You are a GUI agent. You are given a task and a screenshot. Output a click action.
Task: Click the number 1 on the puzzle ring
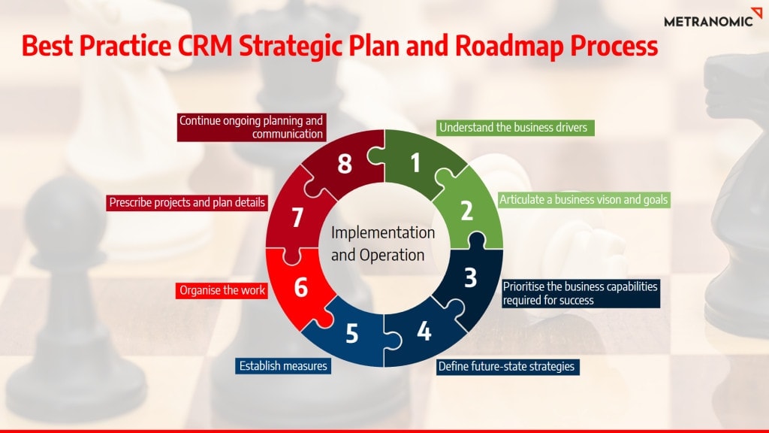(x=415, y=163)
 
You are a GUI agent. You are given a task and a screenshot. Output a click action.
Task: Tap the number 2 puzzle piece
(x=466, y=210)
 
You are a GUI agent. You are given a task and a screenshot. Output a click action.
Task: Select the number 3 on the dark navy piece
(x=470, y=278)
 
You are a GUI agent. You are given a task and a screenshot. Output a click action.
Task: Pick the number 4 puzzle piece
(x=424, y=332)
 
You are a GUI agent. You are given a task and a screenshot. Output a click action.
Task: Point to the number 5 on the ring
(x=352, y=334)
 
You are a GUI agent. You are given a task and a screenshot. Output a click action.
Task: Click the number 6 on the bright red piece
(x=300, y=288)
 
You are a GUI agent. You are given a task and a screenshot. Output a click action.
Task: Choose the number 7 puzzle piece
(x=297, y=217)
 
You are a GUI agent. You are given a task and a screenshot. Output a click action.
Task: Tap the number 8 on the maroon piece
(x=345, y=163)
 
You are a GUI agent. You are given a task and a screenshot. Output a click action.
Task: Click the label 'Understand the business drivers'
(x=515, y=128)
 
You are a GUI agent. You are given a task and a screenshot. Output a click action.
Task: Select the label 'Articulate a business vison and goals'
(x=584, y=200)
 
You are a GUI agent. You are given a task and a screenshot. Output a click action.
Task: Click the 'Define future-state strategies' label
(x=508, y=367)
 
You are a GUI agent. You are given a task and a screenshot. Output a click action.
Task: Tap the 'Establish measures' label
(x=283, y=366)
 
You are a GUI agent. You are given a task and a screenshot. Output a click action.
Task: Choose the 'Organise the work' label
(x=222, y=290)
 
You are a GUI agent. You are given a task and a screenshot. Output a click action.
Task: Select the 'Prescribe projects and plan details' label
(x=187, y=203)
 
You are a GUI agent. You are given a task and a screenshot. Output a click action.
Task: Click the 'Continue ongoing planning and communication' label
(x=251, y=127)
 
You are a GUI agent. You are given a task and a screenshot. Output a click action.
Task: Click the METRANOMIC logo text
(x=708, y=21)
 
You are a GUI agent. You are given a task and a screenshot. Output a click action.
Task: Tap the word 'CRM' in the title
(x=205, y=46)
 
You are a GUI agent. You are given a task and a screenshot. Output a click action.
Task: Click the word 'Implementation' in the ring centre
(x=383, y=233)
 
